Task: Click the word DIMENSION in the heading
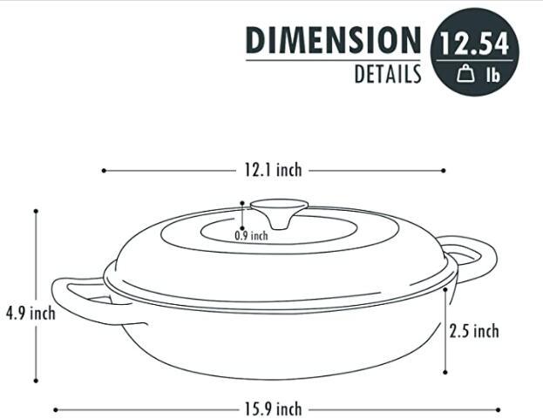(333, 40)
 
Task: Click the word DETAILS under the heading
(387, 75)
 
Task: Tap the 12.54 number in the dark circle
(474, 44)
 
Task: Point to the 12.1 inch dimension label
(273, 171)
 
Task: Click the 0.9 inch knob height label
(252, 234)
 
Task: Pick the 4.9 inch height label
(30, 313)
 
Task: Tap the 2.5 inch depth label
(474, 331)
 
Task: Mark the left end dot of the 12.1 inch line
(104, 171)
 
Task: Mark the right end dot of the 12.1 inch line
(443, 171)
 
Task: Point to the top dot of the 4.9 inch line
(36, 211)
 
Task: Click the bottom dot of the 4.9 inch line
(36, 381)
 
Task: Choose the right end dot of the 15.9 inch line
(499, 409)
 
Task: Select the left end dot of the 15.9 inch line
(56, 409)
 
